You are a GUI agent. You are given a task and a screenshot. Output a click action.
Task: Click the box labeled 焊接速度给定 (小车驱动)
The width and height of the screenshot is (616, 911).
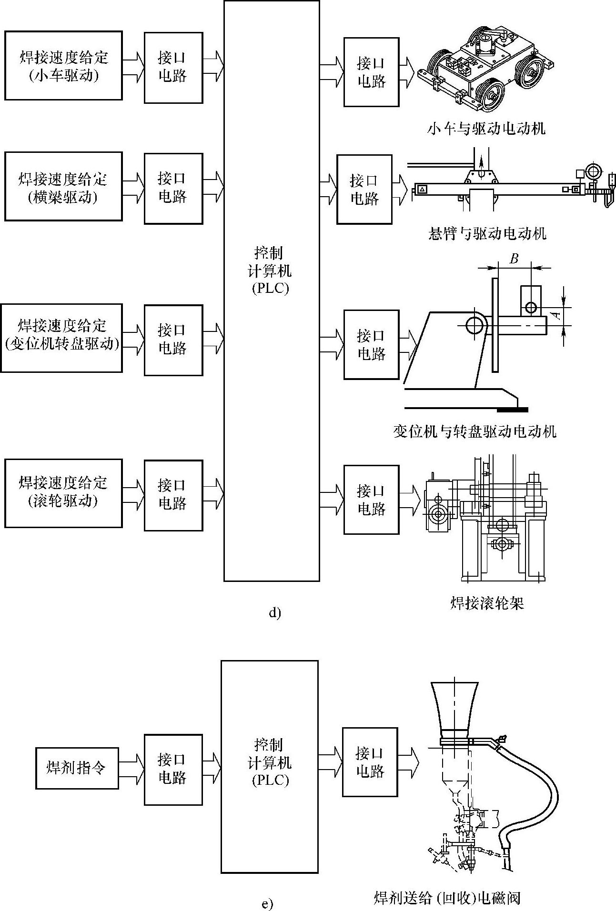click(x=63, y=66)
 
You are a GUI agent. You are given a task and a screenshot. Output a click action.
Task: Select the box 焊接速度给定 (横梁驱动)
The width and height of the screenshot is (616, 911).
click(x=63, y=187)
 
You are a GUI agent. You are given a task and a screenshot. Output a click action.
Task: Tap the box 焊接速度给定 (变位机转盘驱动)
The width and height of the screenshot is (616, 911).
click(x=61, y=338)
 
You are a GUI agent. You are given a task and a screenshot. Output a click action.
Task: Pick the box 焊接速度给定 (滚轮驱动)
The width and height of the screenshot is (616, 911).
click(x=63, y=493)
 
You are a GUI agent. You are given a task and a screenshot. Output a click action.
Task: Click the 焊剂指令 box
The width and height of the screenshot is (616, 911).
click(x=77, y=768)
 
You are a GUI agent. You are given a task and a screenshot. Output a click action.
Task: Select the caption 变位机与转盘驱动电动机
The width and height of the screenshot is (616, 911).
click(x=475, y=431)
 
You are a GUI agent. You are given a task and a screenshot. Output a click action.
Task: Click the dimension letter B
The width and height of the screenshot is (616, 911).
click(x=514, y=259)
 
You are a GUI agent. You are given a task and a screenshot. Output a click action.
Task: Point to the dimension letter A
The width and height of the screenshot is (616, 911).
click(x=554, y=315)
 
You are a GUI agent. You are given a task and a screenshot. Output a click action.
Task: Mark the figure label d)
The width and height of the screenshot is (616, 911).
click(x=275, y=613)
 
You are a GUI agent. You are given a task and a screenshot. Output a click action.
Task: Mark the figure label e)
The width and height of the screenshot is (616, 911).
click(x=268, y=903)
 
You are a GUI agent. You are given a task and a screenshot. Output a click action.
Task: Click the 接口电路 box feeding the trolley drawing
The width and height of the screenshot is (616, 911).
click(x=371, y=72)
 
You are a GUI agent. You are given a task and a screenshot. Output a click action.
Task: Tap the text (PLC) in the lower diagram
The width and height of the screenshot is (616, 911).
click(x=270, y=781)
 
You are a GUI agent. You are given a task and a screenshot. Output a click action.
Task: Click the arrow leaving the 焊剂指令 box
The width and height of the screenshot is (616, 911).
click(x=131, y=768)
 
